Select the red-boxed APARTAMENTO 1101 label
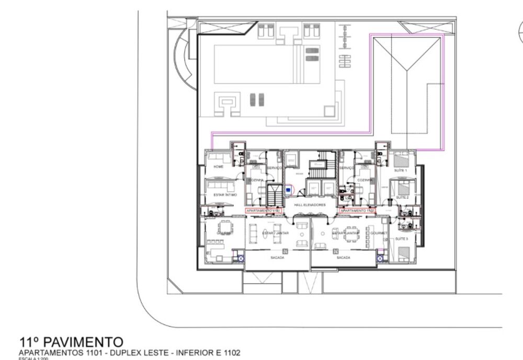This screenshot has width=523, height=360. [x=264, y=210]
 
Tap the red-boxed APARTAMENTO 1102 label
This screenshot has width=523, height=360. [x=358, y=210]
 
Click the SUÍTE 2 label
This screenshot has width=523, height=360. [x=402, y=197]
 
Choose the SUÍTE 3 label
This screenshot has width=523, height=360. [x=402, y=239]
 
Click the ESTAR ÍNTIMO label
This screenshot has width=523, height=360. [x=225, y=195]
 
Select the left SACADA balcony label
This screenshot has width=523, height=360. [x=277, y=258]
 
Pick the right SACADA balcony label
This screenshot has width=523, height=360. [x=343, y=258]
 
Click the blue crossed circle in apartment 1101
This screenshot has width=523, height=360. [x=241, y=258]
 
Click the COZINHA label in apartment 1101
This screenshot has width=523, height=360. [x=256, y=179]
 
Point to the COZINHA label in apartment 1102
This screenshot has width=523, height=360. [x=365, y=179]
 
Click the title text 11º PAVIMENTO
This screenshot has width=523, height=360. [x=71, y=343]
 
